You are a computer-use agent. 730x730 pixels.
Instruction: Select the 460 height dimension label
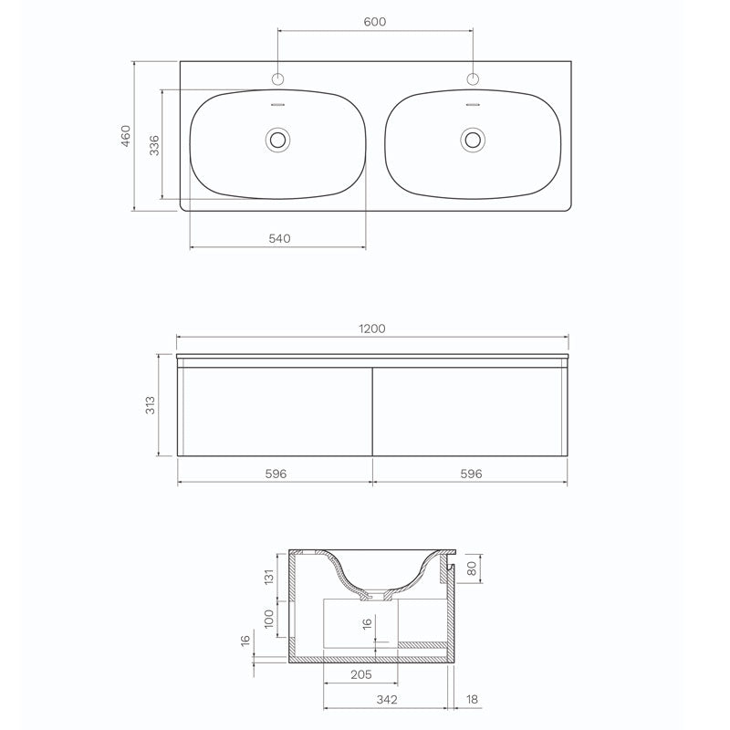pyautogui.click(x=127, y=136)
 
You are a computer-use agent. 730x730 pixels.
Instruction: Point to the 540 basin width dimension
pyautogui.click(x=279, y=238)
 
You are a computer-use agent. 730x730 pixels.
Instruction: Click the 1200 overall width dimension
pyautogui.click(x=372, y=328)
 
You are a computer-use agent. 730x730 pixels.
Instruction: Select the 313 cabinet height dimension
pyautogui.click(x=151, y=404)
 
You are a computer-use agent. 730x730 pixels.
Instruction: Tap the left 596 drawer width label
pyautogui.click(x=276, y=474)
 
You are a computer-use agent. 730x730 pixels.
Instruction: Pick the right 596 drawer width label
pyautogui.click(x=470, y=474)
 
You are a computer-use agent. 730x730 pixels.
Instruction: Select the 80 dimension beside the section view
pyautogui.click(x=471, y=568)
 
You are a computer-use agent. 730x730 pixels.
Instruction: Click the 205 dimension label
pyautogui.click(x=360, y=674)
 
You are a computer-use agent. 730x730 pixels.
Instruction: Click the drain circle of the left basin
pyautogui.click(x=276, y=140)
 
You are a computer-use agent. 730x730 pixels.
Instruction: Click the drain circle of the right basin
pyautogui.click(x=473, y=140)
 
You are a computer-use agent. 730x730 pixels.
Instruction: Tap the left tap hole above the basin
pyautogui.click(x=276, y=78)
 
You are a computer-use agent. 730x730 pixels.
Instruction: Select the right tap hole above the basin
pyautogui.click(x=473, y=78)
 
